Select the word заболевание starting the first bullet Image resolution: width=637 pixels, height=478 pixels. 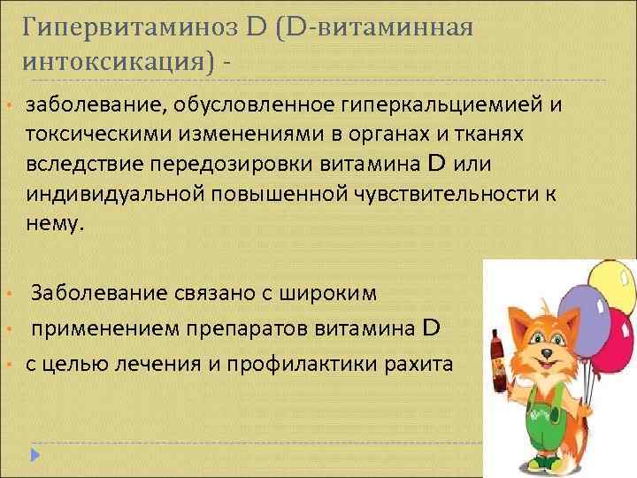point(98,106)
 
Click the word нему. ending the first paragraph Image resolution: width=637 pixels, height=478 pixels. point(57,224)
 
